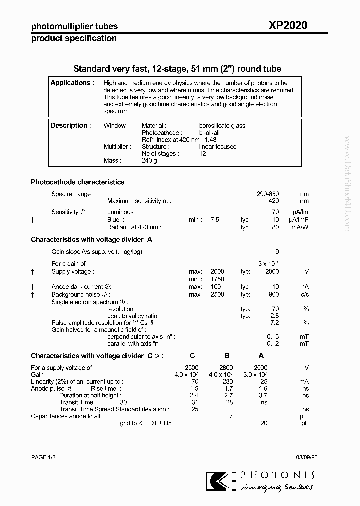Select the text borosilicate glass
click(222, 126)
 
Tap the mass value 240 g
click(149, 161)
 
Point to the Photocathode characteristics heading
click(77, 182)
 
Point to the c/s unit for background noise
click(305, 295)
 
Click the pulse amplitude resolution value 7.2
click(274, 323)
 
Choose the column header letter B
click(226, 356)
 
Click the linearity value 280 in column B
click(228, 381)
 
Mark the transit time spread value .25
click(194, 409)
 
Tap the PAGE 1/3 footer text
click(44, 457)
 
